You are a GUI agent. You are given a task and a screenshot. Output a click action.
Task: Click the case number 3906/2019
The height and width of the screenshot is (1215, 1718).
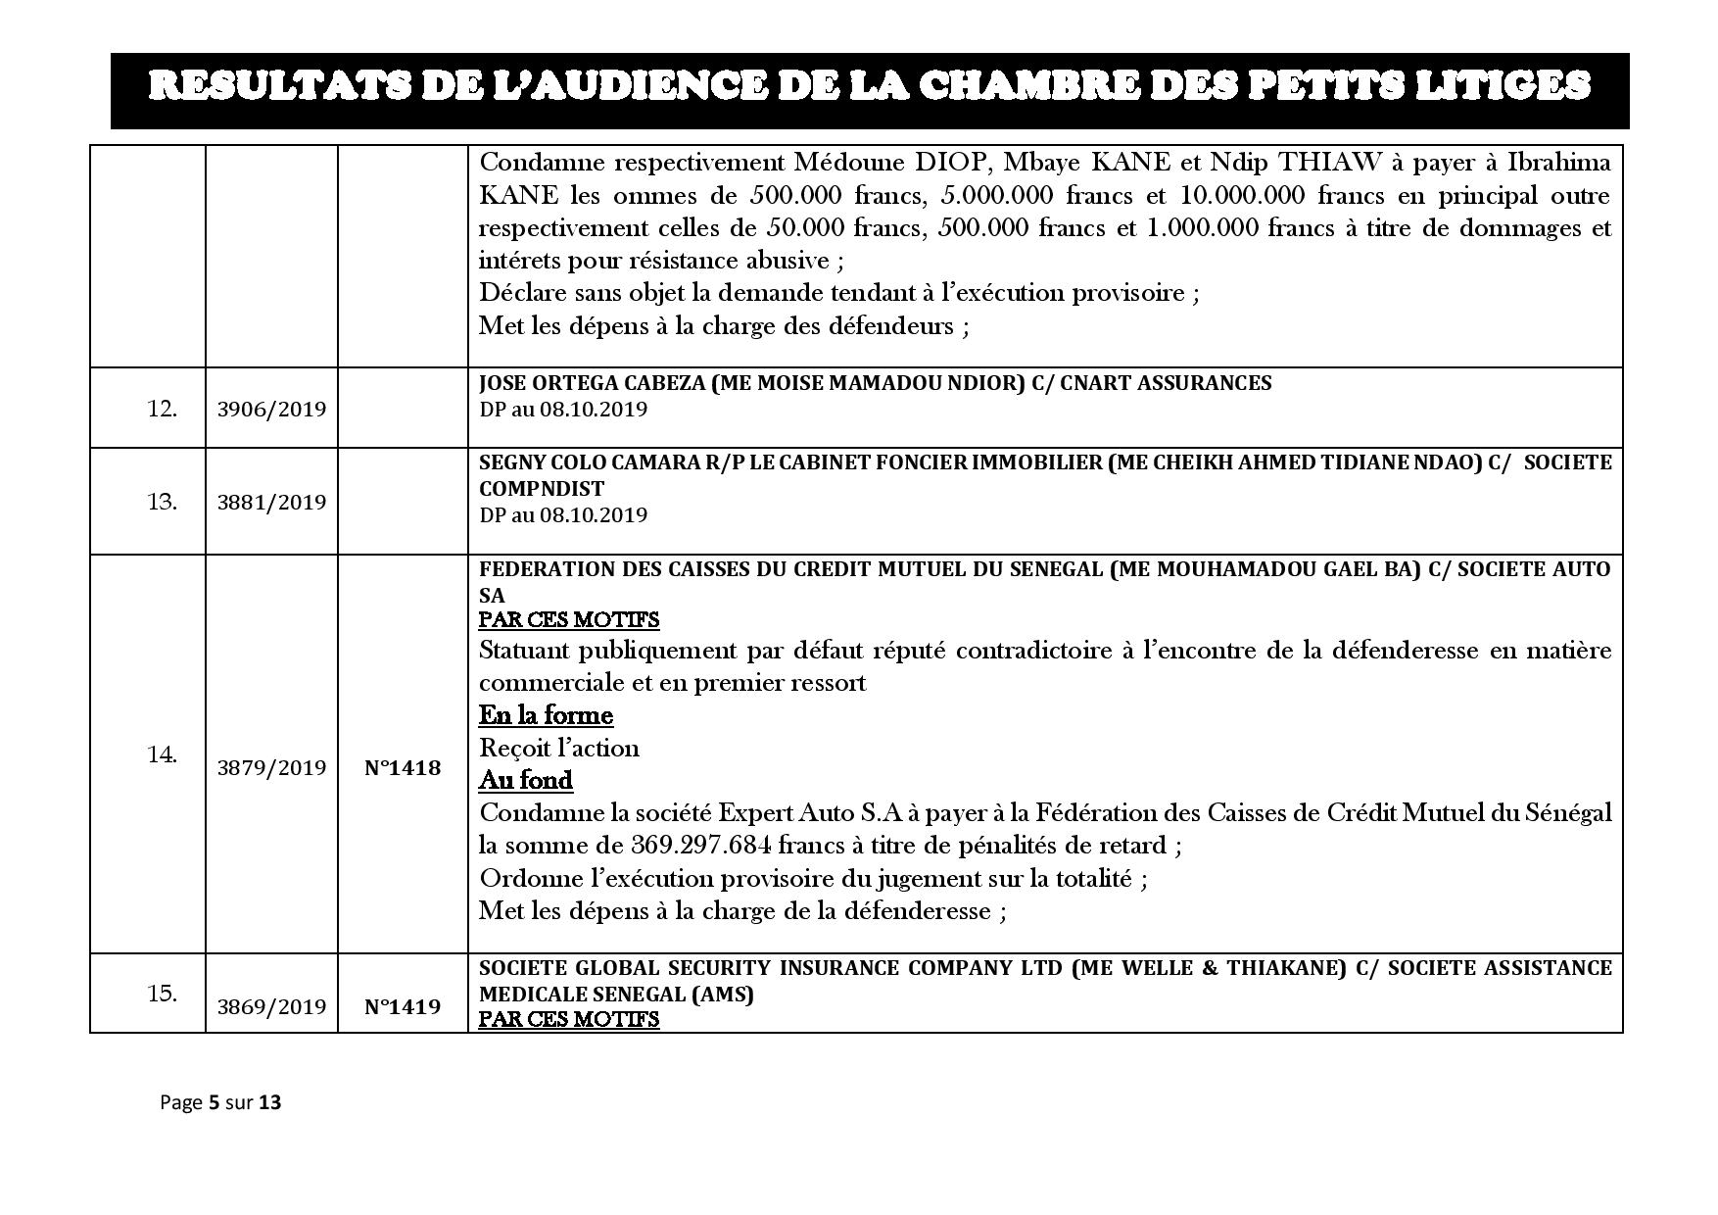(x=271, y=409)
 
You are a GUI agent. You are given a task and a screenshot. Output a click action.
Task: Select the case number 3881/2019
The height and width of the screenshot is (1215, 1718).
(x=271, y=502)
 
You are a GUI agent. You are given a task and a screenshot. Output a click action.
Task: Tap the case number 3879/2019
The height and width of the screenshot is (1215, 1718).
(x=271, y=767)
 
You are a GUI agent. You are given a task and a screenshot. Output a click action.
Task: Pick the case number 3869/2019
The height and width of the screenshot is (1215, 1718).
(x=271, y=1006)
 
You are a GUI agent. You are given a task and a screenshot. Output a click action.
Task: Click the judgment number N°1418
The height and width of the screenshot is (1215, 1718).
(x=403, y=767)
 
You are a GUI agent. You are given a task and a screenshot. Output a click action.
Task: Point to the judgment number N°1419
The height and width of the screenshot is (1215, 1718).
(x=403, y=1006)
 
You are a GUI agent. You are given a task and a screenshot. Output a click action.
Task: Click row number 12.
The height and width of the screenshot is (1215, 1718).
(x=162, y=409)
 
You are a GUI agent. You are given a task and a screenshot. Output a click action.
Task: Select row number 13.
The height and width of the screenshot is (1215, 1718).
(x=162, y=502)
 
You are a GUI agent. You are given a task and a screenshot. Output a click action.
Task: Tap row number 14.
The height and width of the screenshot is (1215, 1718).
(x=162, y=755)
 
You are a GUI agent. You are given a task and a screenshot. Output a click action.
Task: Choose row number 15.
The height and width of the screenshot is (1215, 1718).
(x=162, y=993)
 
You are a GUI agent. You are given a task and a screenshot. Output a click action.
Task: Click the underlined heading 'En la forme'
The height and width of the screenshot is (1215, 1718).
(x=546, y=715)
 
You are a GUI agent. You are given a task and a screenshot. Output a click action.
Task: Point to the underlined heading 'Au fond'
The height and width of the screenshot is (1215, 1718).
(x=526, y=780)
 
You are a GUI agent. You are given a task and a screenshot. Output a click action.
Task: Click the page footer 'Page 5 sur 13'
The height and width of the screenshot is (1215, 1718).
(x=220, y=1102)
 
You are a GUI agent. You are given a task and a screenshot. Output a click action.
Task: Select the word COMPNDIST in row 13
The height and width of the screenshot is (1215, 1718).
(x=541, y=488)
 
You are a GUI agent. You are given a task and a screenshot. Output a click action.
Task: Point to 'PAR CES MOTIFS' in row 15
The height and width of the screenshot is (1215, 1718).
(x=569, y=1019)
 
